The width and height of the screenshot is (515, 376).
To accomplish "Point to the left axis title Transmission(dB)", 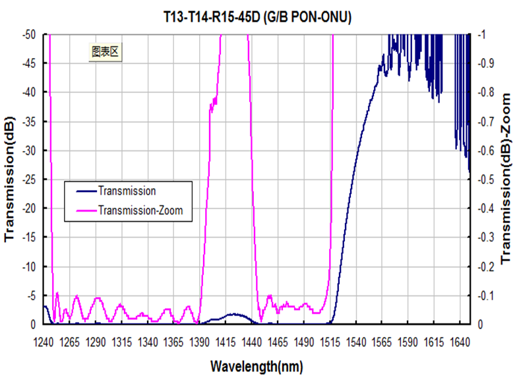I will [11, 179].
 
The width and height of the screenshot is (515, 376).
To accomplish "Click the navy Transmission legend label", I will [126, 191].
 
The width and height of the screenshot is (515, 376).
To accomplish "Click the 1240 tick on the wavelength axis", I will [44, 343].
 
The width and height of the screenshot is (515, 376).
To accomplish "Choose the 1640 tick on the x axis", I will [460, 343].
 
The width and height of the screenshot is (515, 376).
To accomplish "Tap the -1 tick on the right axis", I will [483, 34].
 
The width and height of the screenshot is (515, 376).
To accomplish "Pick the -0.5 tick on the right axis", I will [487, 179].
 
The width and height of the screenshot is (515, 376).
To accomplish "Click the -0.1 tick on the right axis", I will [487, 296].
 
